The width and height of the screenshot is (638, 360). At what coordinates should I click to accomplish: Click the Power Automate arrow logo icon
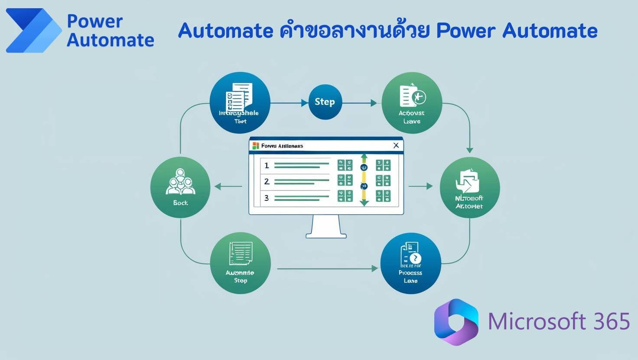coord(34,30)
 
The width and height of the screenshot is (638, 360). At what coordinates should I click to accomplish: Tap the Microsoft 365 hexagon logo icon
coord(456,322)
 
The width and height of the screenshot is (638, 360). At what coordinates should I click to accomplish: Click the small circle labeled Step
coord(325,102)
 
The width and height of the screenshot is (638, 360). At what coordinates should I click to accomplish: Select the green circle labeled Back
coord(180,187)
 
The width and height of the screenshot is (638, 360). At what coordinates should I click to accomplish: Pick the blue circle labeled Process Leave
coord(410,264)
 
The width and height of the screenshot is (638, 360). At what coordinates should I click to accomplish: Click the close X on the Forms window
coord(396,146)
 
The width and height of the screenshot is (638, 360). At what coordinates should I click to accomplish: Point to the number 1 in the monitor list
coord(267,165)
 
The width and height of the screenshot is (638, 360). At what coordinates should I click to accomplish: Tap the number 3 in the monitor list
coord(267,198)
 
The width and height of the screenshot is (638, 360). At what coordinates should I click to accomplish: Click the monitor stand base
coord(326,236)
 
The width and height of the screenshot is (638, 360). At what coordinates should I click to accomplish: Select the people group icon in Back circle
coord(180,182)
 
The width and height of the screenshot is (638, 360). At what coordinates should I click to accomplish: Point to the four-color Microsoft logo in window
coord(255,146)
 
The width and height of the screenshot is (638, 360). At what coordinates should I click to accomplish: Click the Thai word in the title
coord(355,31)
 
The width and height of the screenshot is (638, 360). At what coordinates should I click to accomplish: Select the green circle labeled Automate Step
coord(240,263)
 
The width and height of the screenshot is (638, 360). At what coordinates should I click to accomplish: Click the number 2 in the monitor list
coord(267,181)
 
